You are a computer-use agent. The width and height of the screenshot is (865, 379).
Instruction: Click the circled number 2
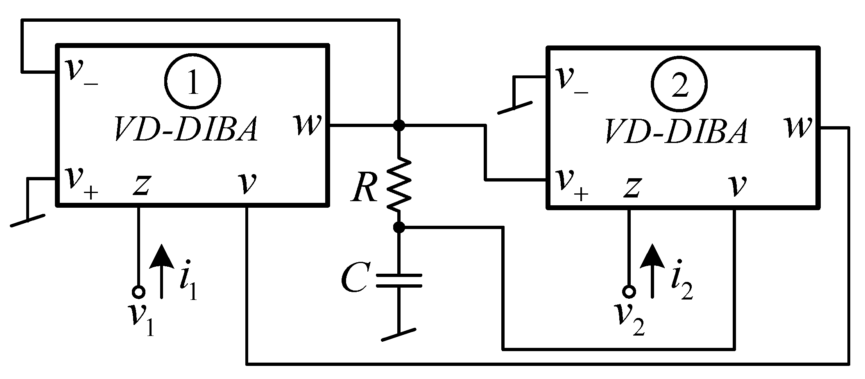click(680, 84)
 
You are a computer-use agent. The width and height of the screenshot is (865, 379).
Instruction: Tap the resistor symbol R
click(398, 184)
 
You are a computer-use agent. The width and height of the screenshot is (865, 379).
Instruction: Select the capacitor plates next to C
click(399, 281)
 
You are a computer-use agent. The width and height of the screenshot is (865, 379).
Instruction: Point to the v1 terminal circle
click(138, 292)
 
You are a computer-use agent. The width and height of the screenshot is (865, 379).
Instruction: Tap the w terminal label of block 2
click(798, 127)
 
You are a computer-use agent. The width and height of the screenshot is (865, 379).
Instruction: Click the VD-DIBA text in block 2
click(676, 132)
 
